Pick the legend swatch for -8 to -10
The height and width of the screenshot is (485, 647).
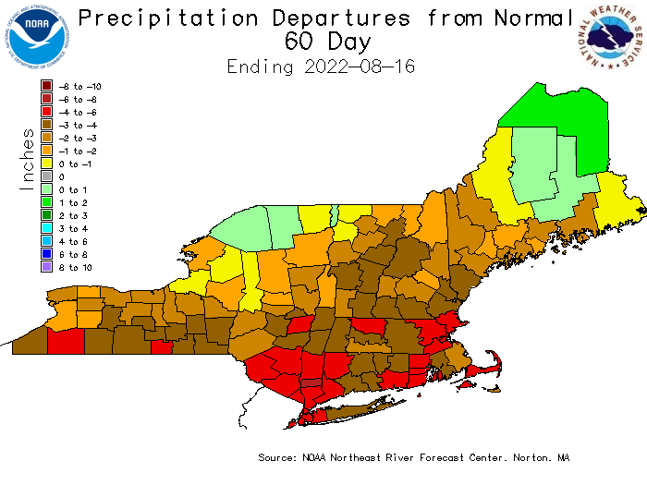tap(46, 87)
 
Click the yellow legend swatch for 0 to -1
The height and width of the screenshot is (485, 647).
tap(46, 164)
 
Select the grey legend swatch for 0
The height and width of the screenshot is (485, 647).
tap(46, 176)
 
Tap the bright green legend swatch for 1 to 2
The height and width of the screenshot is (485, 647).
tap(46, 202)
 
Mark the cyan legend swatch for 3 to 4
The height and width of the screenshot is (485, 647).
tap(46, 228)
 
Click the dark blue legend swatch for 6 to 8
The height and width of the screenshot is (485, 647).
tap(46, 254)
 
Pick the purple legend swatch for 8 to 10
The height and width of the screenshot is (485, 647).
tap(46, 267)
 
